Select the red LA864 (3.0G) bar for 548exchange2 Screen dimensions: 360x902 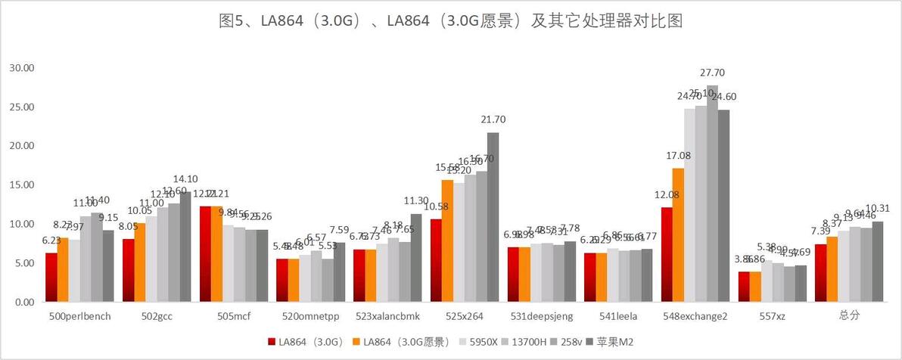pyautogui.click(x=666, y=255)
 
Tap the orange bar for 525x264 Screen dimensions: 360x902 pyautogui.click(x=447, y=241)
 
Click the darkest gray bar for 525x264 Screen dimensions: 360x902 pyautogui.click(x=493, y=217)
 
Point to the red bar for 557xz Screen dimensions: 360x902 pyautogui.click(x=743, y=287)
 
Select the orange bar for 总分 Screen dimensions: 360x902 pyautogui.click(x=832, y=269)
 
